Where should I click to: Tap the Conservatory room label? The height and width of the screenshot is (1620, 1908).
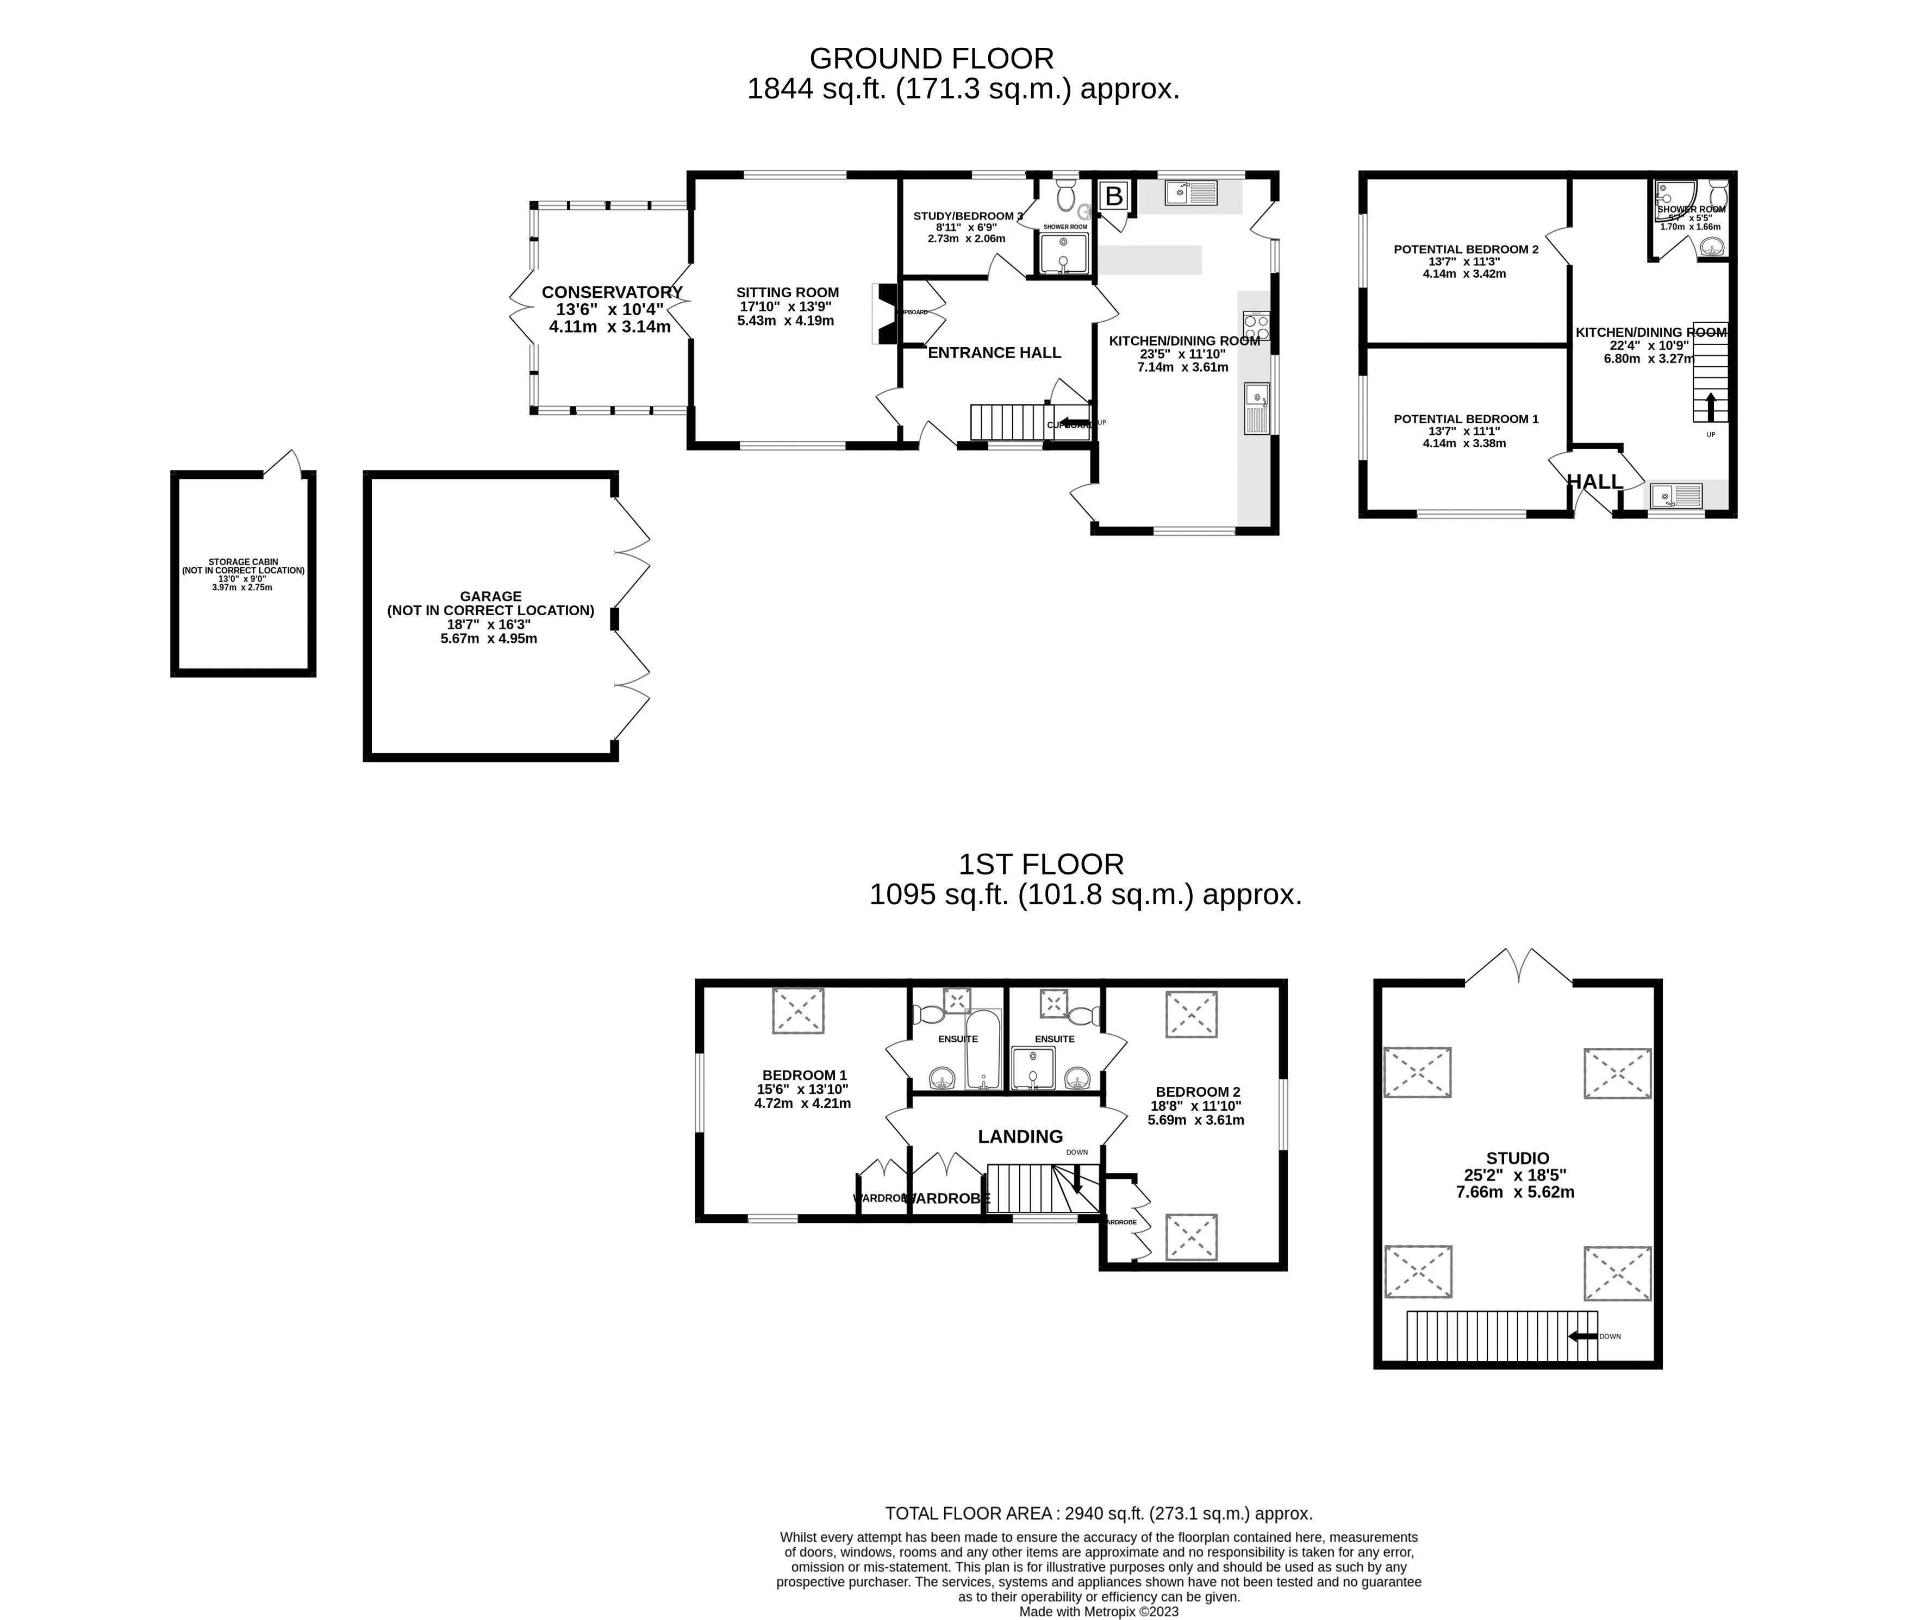point(611,292)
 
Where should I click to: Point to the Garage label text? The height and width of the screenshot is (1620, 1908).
point(490,596)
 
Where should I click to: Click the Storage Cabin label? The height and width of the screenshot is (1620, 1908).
point(242,562)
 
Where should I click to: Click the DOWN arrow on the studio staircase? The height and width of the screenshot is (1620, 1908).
point(1582,1336)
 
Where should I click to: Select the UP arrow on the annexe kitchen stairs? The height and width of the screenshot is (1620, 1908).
point(1710,407)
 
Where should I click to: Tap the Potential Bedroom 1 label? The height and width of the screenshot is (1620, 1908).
point(1465,419)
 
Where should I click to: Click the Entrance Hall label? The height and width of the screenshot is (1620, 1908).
point(994,353)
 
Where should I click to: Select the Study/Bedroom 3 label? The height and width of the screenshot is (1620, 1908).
point(968,216)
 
